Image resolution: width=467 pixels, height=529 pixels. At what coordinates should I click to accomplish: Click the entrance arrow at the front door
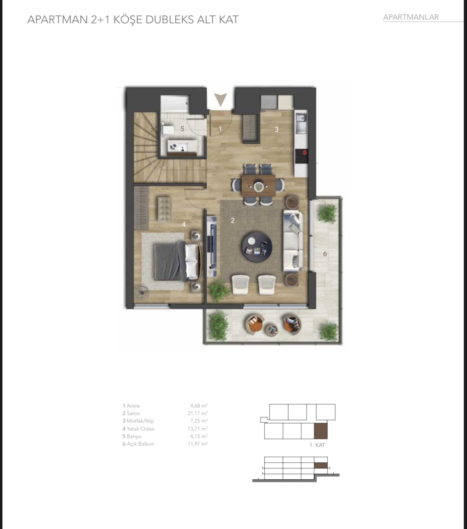click(x=221, y=99)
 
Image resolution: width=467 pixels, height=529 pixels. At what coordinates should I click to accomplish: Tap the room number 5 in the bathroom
click(x=182, y=129)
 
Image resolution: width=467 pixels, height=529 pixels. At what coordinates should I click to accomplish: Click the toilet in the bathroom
click(x=166, y=130)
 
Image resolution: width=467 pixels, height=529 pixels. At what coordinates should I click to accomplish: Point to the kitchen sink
click(x=301, y=122)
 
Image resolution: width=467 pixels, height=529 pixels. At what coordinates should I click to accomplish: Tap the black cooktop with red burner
click(x=301, y=156)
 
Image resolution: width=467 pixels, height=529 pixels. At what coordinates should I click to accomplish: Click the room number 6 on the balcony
click(x=325, y=253)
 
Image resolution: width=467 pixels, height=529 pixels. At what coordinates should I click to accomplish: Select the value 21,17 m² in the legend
click(x=198, y=413)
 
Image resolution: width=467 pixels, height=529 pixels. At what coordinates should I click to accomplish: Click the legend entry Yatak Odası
click(x=139, y=429)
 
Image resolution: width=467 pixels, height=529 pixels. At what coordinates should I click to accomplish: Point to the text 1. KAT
click(x=317, y=445)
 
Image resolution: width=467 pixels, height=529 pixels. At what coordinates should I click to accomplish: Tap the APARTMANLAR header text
click(x=411, y=17)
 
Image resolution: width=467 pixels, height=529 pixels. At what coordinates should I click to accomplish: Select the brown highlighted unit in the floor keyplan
click(x=320, y=431)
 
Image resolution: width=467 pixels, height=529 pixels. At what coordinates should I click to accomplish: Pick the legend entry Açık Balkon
click(x=138, y=444)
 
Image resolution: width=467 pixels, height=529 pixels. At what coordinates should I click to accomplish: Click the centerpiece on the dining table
click(x=258, y=186)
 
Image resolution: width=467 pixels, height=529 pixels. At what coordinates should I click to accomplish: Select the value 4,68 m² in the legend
click(x=199, y=406)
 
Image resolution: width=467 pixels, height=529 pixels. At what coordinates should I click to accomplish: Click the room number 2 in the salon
click(x=233, y=220)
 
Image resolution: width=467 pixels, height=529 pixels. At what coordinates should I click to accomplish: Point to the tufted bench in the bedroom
click(x=164, y=209)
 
